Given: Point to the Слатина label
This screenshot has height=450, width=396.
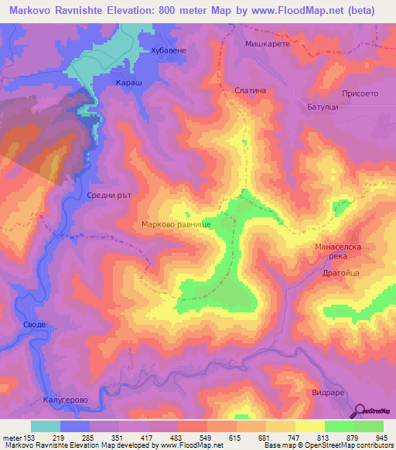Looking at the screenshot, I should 251,90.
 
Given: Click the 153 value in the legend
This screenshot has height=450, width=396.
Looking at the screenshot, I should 30,438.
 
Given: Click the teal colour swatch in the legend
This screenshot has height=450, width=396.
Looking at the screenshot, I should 46,426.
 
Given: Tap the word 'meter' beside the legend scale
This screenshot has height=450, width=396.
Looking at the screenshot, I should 10,438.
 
